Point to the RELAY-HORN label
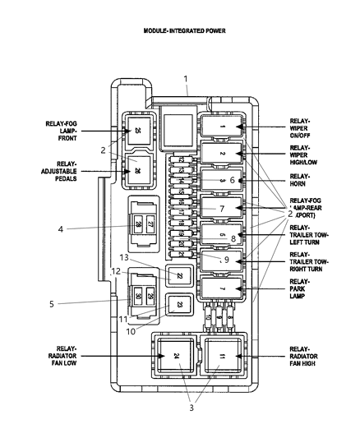coord(301,179)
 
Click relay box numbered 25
coord(137,131)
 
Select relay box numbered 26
coord(137,171)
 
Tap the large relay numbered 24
coord(177,356)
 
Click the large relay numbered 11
coord(222,356)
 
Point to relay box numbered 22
coord(179,276)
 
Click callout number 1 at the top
coord(186,80)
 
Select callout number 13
coord(125,258)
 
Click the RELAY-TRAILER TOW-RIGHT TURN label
coord(307,260)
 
